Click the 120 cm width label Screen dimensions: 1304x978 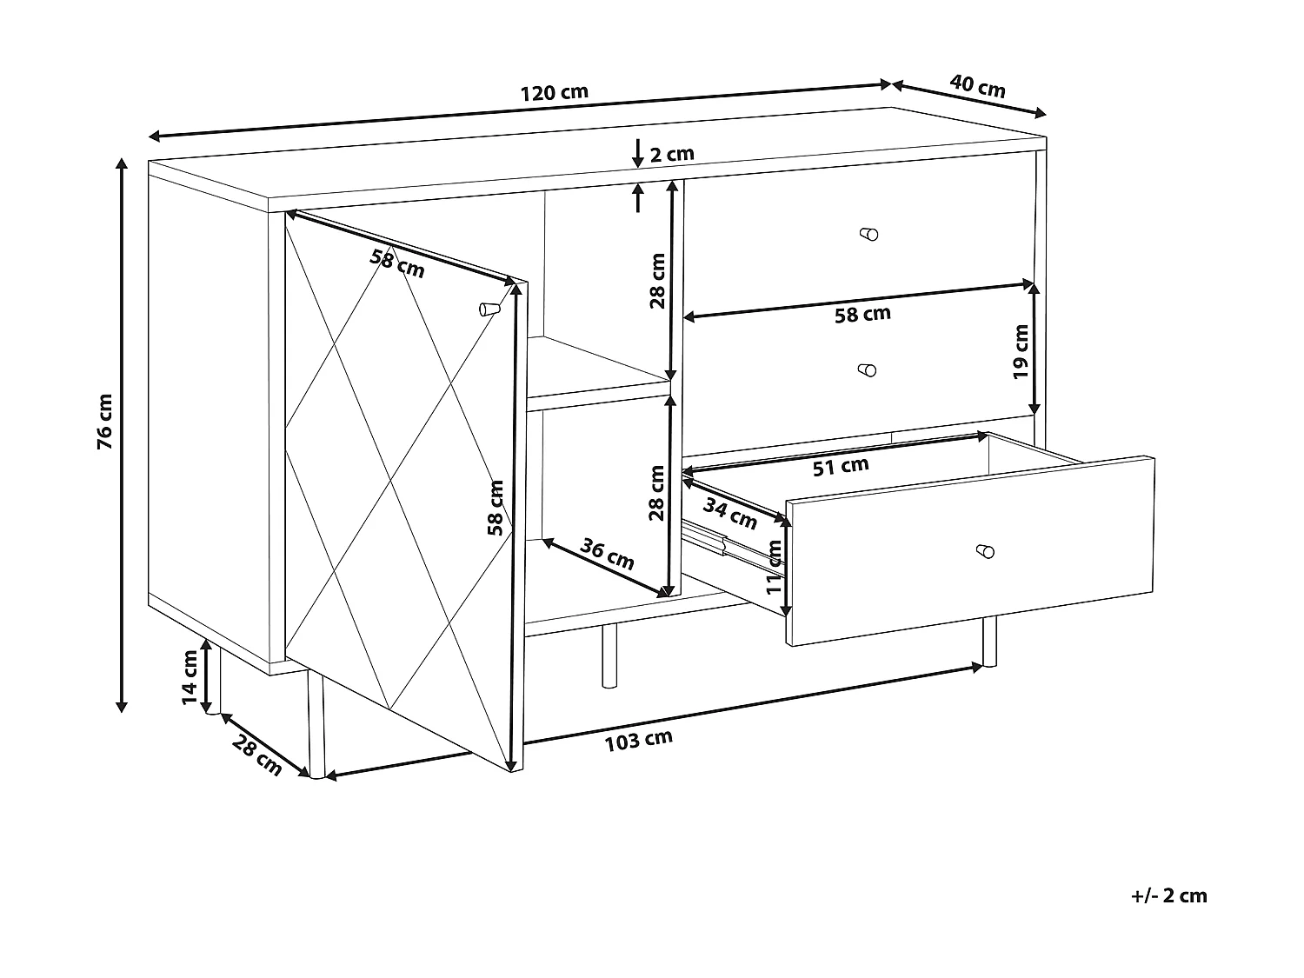pyautogui.click(x=555, y=93)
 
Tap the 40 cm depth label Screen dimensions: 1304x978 pyautogui.click(x=977, y=86)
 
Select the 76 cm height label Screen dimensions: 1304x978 pyautogui.click(x=104, y=421)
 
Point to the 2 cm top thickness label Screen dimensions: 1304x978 pyautogui.click(x=672, y=155)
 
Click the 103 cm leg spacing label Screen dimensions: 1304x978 pyautogui.click(x=638, y=741)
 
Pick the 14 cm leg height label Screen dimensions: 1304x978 pyautogui.click(x=190, y=677)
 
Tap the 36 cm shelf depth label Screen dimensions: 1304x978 pyautogui.click(x=607, y=554)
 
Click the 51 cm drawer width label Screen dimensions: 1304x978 pyautogui.click(x=841, y=466)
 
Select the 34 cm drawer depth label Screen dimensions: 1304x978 pyautogui.click(x=730, y=514)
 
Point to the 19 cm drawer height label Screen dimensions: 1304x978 pyautogui.click(x=1020, y=351)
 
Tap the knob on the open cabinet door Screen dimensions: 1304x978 pyautogui.click(x=489, y=309)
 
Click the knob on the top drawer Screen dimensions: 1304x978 pyautogui.click(x=868, y=233)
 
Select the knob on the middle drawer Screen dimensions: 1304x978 pyautogui.click(x=867, y=369)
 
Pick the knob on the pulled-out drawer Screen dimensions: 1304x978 pyautogui.click(x=985, y=551)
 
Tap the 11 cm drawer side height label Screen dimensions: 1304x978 pyautogui.click(x=773, y=567)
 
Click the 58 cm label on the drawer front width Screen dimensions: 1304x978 pyautogui.click(x=862, y=314)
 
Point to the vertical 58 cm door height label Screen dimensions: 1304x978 pyautogui.click(x=495, y=508)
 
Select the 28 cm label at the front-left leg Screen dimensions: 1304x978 pyautogui.click(x=256, y=755)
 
